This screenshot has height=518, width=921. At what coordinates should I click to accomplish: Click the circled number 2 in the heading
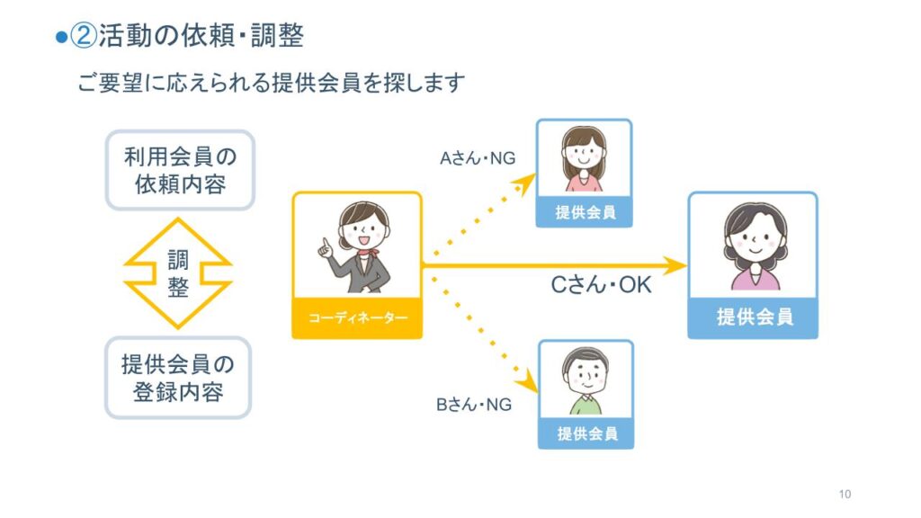pos(83,35)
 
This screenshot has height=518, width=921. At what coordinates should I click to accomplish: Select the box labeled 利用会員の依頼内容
pos(180,170)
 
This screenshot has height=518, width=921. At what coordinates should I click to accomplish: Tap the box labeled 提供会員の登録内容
pos(178,378)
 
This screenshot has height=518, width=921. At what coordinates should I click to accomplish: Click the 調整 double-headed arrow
pos(178,273)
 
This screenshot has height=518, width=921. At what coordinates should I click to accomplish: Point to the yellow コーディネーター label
pos(357,318)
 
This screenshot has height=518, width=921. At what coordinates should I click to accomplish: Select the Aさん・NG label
pos(478,158)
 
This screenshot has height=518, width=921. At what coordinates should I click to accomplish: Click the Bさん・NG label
pos(473,405)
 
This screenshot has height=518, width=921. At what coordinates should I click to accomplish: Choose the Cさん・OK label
pos(601,285)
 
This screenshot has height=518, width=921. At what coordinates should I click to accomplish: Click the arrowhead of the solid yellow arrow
pos(675,265)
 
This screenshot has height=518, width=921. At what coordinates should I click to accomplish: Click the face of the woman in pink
pos(583,154)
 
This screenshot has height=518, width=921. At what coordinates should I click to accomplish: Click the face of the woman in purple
pos(756,237)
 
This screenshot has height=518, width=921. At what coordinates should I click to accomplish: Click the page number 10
pos(845,494)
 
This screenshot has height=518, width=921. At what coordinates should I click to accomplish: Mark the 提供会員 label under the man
pos(587,434)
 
